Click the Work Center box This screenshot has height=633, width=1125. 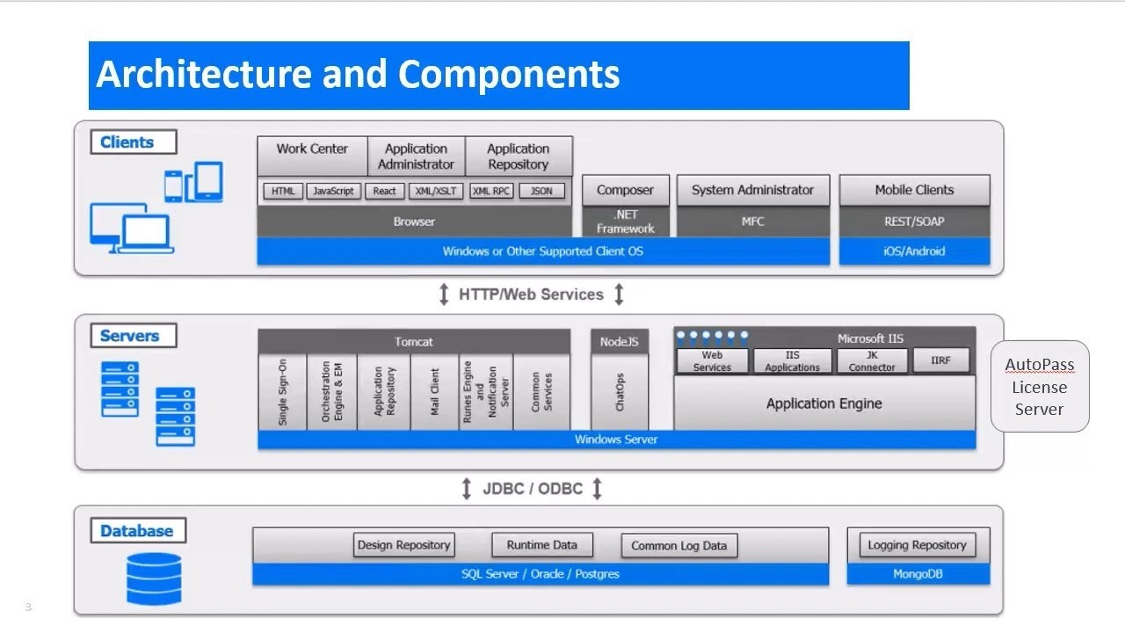(x=311, y=156)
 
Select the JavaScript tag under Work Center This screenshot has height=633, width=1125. (x=334, y=191)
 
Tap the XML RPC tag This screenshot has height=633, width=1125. (x=490, y=191)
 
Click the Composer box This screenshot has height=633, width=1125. (x=625, y=190)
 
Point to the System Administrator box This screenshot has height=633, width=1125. (x=752, y=190)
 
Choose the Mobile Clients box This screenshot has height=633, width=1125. (x=914, y=190)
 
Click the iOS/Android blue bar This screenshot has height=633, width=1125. (x=914, y=251)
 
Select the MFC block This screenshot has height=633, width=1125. (x=752, y=222)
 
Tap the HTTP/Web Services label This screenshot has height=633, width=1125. (x=531, y=295)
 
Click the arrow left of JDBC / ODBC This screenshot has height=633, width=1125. (x=467, y=489)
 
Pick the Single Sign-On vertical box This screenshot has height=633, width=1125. (x=282, y=392)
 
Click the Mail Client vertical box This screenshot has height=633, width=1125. (x=434, y=392)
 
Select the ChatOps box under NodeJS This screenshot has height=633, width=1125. (x=620, y=392)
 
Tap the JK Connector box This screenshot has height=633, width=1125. (x=872, y=360)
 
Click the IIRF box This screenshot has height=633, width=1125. (x=940, y=360)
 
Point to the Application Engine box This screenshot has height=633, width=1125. (x=824, y=404)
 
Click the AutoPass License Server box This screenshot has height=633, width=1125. (x=1039, y=387)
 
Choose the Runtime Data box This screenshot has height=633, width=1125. (x=541, y=545)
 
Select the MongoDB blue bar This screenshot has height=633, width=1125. (x=918, y=574)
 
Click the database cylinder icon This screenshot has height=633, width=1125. (x=154, y=578)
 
